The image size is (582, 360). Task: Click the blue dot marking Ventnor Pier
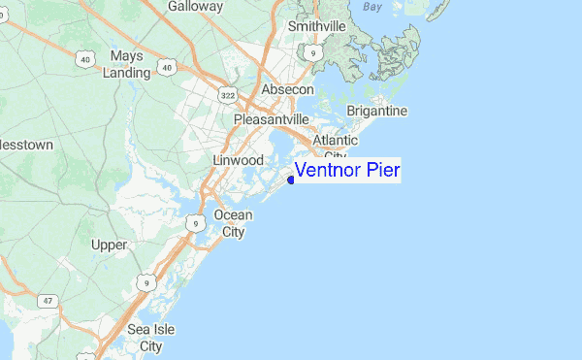[291, 179]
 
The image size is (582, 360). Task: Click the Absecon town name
[287, 89]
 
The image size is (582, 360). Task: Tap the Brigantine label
[376, 111]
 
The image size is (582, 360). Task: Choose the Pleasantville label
[271, 119]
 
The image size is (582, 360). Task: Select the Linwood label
[238, 159]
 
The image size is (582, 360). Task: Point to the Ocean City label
[233, 223]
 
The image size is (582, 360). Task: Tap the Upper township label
[109, 245]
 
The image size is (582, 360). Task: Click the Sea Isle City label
[151, 338]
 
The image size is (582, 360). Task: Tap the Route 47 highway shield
[47, 302]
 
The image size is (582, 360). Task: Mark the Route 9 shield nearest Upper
[145, 282]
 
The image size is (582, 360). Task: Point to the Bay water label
[372, 6]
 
